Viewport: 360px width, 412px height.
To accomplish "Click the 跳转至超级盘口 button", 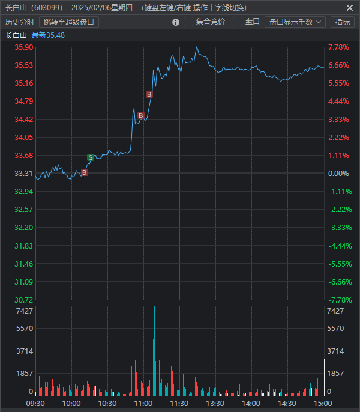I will point(69,22).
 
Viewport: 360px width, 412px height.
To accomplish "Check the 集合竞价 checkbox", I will point(188,22).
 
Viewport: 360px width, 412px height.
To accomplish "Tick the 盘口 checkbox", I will point(238,22).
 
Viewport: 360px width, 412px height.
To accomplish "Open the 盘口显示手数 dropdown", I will point(295,22).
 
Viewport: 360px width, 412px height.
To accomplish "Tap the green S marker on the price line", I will point(91,157).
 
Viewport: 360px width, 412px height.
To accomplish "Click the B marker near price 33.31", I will point(85,172).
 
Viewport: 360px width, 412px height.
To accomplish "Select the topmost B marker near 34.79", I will point(149,94).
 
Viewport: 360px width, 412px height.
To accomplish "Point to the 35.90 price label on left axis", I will point(23,47).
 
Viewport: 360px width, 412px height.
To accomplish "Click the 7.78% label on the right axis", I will point(338,47).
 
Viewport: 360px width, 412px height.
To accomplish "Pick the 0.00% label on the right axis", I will point(338,174).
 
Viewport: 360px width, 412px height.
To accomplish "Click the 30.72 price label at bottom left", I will point(23,300).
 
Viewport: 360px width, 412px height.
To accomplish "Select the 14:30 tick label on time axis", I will point(287,403).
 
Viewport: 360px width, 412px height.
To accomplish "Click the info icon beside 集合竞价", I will point(176,22).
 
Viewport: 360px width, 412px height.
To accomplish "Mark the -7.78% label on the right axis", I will point(338,300).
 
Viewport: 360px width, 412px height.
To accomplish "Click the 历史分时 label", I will point(20,22).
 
